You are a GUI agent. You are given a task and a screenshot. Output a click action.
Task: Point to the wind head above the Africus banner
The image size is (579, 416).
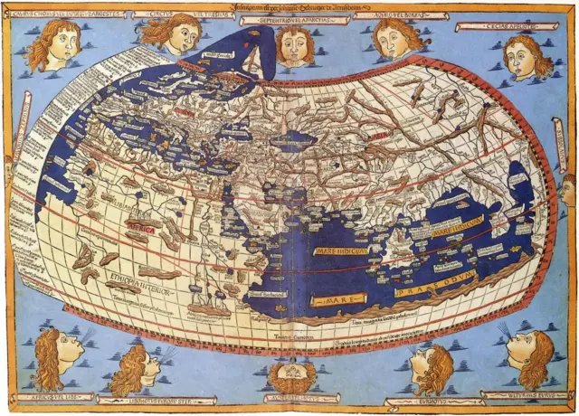point(60,355)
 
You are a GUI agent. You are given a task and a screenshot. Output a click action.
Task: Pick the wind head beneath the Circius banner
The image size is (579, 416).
point(173,37)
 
